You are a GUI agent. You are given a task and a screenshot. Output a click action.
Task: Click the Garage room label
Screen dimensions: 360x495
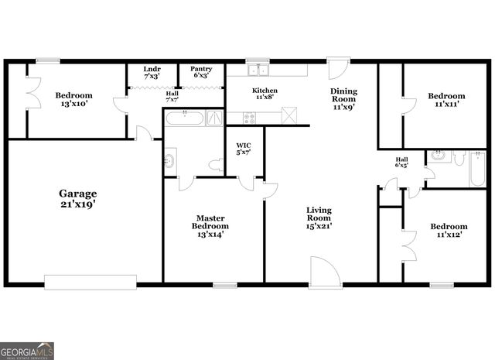coord(77,198)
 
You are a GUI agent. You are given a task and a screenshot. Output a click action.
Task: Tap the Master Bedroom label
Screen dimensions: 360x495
coord(210,226)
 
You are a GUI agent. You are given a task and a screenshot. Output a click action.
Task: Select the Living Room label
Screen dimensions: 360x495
coord(319,218)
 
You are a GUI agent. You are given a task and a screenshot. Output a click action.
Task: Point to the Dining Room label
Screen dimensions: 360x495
coord(343,99)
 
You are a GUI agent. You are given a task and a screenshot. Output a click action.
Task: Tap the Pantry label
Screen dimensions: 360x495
coord(200,71)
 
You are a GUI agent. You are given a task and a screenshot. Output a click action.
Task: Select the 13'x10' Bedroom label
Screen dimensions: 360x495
coord(73,101)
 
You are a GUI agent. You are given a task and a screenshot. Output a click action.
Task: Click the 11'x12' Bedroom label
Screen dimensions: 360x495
coord(449,231)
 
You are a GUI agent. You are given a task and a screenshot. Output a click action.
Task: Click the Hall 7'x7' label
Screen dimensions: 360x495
coord(172,98)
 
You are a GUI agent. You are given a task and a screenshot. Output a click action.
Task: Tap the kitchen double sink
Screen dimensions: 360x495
coord(258,70)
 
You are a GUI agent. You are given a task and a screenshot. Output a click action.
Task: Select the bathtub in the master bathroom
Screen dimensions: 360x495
coord(186,118)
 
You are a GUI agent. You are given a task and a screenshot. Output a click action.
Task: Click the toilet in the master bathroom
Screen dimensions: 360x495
coord(216,164)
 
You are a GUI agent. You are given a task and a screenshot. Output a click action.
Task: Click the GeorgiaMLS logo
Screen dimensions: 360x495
coord(27,351)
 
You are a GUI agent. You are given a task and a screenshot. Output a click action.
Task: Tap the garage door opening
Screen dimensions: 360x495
coord(90,281)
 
